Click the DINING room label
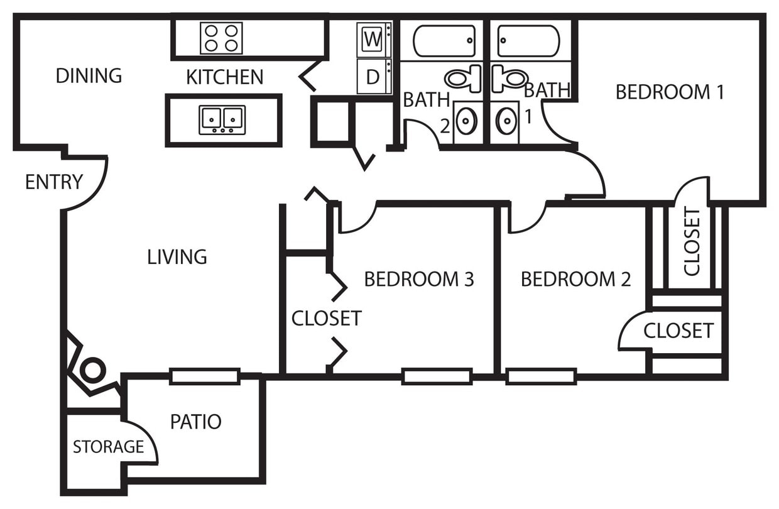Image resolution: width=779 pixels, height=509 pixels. [x=89, y=75]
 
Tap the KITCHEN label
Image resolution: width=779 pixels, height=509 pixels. [x=224, y=77]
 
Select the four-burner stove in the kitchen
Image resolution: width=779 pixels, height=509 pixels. [x=221, y=38]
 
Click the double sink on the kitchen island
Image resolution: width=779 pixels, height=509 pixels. [x=222, y=119]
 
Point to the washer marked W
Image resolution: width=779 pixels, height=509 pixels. [x=373, y=40]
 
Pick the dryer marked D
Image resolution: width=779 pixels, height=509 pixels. [x=373, y=77]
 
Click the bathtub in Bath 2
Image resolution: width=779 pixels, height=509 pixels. [x=444, y=41]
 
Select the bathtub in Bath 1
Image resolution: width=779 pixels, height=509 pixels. [x=528, y=41]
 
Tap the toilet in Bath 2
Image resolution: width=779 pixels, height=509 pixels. [x=464, y=79]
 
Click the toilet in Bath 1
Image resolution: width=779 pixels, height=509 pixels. [x=509, y=79]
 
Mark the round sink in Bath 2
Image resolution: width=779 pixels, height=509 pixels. [x=466, y=121]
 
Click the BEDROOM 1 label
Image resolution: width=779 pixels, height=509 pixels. [x=670, y=92]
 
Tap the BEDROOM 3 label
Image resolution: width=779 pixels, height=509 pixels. [x=418, y=278]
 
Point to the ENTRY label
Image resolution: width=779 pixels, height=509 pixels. [x=53, y=182]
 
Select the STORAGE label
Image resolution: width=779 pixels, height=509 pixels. [x=108, y=447]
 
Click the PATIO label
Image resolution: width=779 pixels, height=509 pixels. [x=195, y=422]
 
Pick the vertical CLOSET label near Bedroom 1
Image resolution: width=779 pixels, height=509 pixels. [x=691, y=242]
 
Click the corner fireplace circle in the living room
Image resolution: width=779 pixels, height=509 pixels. [x=92, y=369]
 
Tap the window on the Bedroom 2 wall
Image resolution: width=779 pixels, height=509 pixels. [x=541, y=376]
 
